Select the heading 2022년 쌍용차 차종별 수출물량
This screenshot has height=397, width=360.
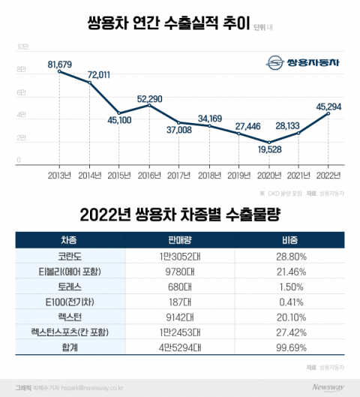coord(180,215)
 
